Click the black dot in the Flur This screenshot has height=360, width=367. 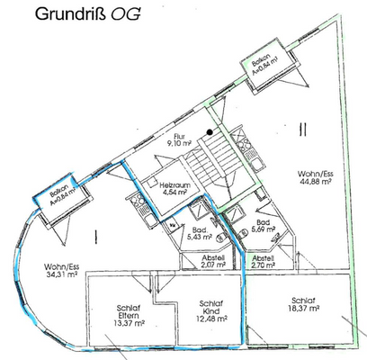pyautogui.click(x=209, y=133)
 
